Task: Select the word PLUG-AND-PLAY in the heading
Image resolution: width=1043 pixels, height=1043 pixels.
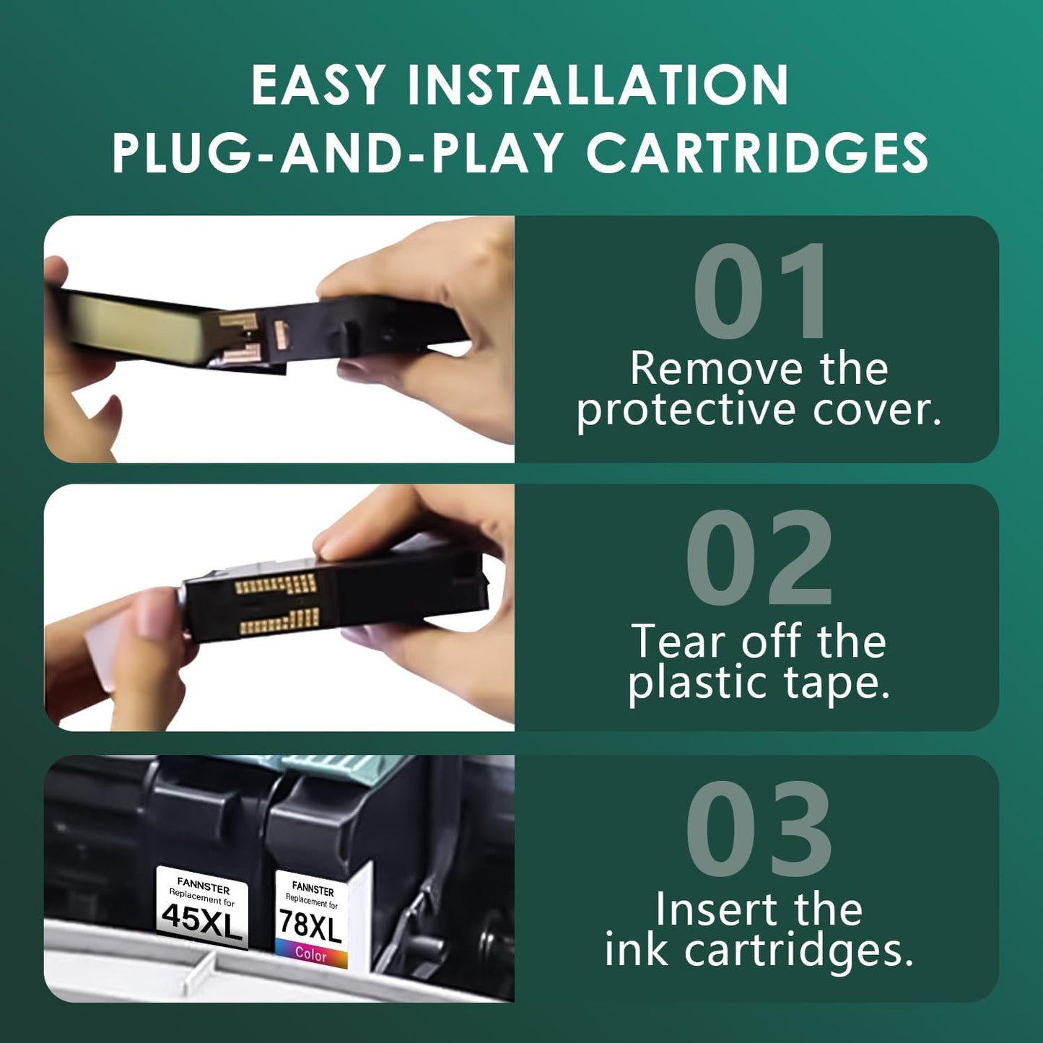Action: (x=338, y=153)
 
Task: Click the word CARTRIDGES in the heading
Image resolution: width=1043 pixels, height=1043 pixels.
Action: (x=757, y=153)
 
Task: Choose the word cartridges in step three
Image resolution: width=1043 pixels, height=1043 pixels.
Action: (x=798, y=951)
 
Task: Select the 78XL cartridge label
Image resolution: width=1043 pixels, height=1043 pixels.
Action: (x=310, y=925)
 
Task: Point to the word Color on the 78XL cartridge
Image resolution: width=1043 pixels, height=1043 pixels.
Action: (x=311, y=954)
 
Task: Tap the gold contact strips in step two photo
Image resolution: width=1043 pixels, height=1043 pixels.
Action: (x=279, y=602)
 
